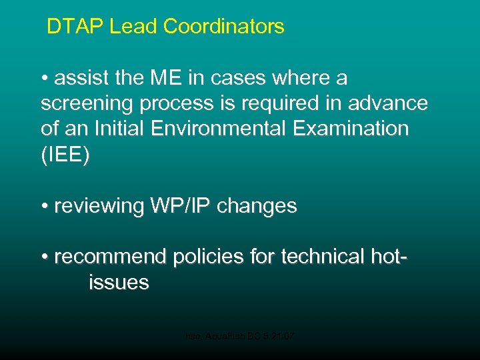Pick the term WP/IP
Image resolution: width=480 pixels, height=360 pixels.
point(179,206)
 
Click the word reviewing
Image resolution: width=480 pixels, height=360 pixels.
point(99,206)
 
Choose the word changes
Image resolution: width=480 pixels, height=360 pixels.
point(257,206)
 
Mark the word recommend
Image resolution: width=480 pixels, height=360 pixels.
point(111,257)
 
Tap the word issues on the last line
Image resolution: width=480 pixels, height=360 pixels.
point(119,282)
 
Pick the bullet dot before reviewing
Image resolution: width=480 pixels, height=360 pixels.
point(45,207)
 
